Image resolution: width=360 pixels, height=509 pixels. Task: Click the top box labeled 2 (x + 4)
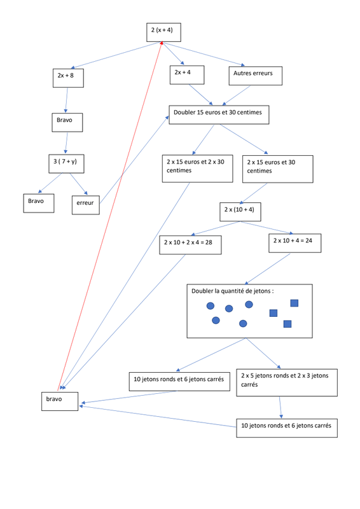coord(163,32)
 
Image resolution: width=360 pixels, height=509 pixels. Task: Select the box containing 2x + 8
coord(68,78)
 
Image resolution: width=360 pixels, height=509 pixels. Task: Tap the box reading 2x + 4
coord(187,75)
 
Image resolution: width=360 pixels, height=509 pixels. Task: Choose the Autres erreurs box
coord(256,76)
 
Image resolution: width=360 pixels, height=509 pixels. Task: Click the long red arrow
coord(110,216)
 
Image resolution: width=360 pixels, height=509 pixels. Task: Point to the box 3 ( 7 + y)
coord(66,164)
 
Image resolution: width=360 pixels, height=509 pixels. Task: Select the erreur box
coord(86,205)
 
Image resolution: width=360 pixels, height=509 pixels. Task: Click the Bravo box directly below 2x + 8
coord(67,122)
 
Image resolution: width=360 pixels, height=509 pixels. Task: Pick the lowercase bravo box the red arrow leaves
coord(60,401)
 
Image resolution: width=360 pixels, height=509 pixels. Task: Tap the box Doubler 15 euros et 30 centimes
coord(219,115)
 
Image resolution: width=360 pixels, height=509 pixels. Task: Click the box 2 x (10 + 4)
coord(240,212)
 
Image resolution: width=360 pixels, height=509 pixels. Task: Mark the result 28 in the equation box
coord(209,242)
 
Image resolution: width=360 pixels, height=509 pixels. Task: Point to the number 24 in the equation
coord(308,241)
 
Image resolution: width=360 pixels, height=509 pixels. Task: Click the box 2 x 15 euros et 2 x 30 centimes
coord(197,169)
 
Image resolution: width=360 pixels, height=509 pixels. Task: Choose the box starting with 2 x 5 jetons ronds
coord(287,383)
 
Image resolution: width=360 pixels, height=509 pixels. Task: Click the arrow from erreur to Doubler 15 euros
coord(134,160)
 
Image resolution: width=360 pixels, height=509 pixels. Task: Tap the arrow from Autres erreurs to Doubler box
coord(237,95)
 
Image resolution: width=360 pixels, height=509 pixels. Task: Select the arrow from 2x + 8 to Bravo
coord(67,101)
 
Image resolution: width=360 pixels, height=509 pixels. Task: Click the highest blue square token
coord(294,303)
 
